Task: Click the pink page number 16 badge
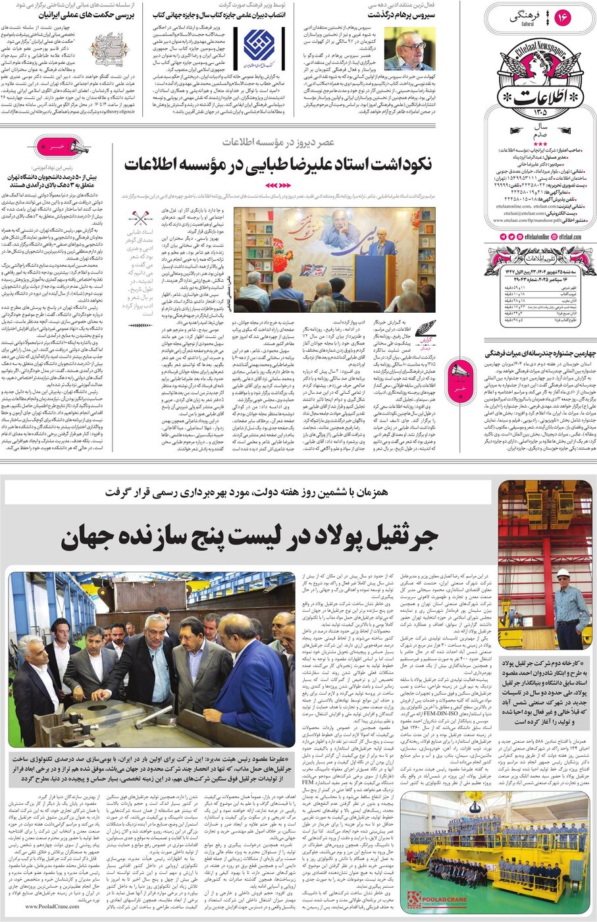click(563, 18)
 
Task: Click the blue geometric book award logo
click(259, 45)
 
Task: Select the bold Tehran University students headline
click(53, 182)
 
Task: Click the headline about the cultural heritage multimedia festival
click(540, 354)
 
